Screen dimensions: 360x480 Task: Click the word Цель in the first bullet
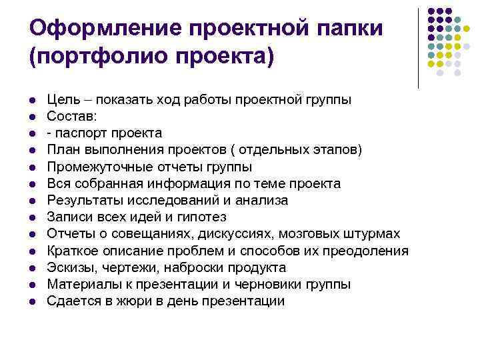61,99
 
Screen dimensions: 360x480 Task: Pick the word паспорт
81,133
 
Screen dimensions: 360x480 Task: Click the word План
63,150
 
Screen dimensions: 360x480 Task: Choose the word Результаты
83,200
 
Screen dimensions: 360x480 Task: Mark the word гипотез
204,217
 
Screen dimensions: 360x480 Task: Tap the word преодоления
365,251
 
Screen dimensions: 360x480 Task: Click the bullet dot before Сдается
32,301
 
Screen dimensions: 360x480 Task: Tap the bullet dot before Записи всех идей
32,217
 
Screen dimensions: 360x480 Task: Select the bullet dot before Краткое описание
32,251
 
